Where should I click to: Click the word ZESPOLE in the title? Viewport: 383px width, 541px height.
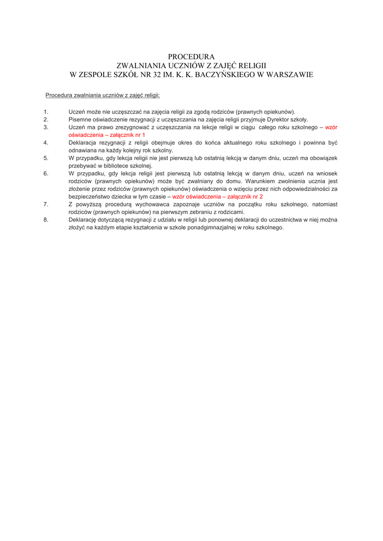point(101,74)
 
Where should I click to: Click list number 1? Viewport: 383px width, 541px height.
point(46,112)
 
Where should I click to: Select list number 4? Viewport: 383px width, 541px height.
point(46,143)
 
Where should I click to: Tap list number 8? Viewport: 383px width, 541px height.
point(46,219)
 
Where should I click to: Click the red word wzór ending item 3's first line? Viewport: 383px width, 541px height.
point(331,127)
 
